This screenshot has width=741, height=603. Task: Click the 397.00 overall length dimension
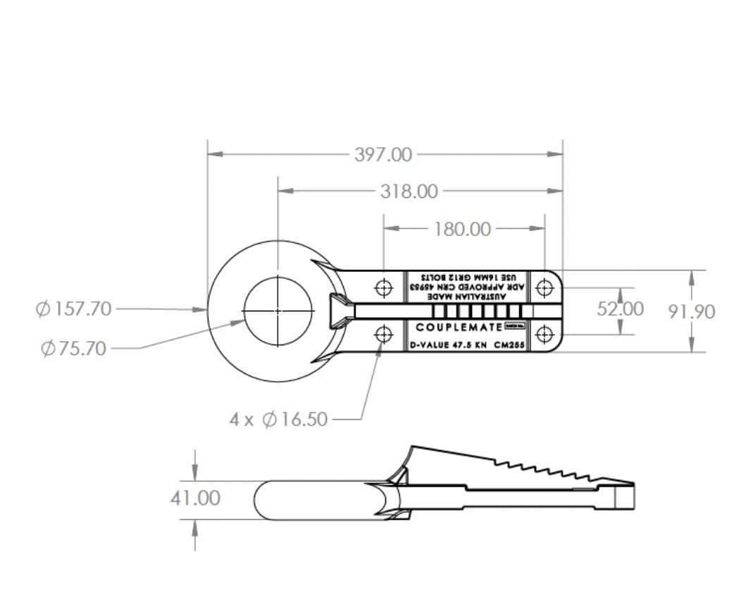click(x=383, y=154)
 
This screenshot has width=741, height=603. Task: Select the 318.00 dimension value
click(x=409, y=191)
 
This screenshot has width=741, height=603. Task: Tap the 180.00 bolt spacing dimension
click(x=463, y=228)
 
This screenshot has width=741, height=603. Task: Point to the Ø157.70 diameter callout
click(x=74, y=309)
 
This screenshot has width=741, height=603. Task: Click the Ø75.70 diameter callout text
click(x=74, y=348)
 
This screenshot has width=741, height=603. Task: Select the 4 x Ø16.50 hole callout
click(x=279, y=419)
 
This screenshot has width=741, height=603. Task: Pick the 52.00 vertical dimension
click(x=620, y=309)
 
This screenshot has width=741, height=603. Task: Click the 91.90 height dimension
click(x=692, y=311)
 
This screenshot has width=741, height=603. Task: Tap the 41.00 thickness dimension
click(x=195, y=498)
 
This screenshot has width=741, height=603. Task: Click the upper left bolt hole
click(x=384, y=287)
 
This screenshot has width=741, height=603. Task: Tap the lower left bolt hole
click(x=384, y=334)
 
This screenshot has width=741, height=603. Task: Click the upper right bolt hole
click(x=544, y=287)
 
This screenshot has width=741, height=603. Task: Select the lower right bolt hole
click(x=544, y=334)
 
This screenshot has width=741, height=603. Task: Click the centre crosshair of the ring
click(x=278, y=311)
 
